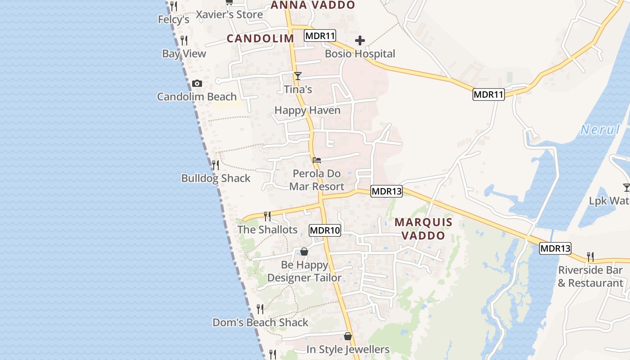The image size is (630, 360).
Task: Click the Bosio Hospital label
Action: (x=360, y=54)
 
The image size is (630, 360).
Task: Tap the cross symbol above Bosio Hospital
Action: (x=360, y=41)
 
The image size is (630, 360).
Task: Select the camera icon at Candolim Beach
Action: (x=197, y=84)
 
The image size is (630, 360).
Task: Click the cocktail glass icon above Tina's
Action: (x=297, y=76)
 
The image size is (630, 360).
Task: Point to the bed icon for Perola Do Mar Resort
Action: (x=317, y=160)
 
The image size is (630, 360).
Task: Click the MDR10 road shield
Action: (x=325, y=231)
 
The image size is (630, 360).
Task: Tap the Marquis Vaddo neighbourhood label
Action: (x=423, y=229)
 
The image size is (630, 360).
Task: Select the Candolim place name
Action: (x=261, y=39)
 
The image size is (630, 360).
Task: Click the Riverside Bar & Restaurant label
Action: (x=590, y=276)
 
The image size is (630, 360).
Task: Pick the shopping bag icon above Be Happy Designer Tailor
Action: (x=304, y=252)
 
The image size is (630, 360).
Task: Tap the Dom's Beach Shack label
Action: (x=260, y=323)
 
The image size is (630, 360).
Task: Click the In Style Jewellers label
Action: (x=348, y=350)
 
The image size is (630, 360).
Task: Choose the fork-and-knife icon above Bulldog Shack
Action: (x=216, y=165)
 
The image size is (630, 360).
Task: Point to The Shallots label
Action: (x=267, y=229)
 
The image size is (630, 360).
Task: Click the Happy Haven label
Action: (x=307, y=110)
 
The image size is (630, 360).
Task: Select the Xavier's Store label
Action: (x=229, y=15)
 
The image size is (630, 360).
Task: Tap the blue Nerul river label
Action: (x=600, y=130)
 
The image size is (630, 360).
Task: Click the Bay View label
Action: (x=184, y=54)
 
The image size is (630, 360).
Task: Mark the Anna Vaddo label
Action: (x=313, y=5)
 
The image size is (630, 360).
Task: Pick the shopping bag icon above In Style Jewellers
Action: (x=347, y=336)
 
